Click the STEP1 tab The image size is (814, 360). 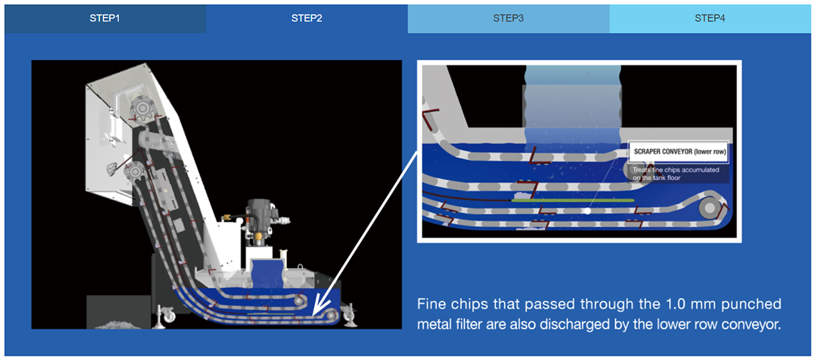tap(105, 19)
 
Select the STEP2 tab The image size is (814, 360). tap(307, 19)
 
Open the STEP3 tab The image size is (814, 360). tap(508, 19)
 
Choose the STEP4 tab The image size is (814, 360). tap(710, 19)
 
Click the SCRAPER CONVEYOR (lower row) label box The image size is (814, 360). tap(678, 152)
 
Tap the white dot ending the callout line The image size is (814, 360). tap(587, 211)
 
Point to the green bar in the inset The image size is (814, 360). tap(573, 199)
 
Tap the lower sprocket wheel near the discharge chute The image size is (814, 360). tap(134, 170)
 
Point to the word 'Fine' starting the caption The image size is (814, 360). tap(431, 304)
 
